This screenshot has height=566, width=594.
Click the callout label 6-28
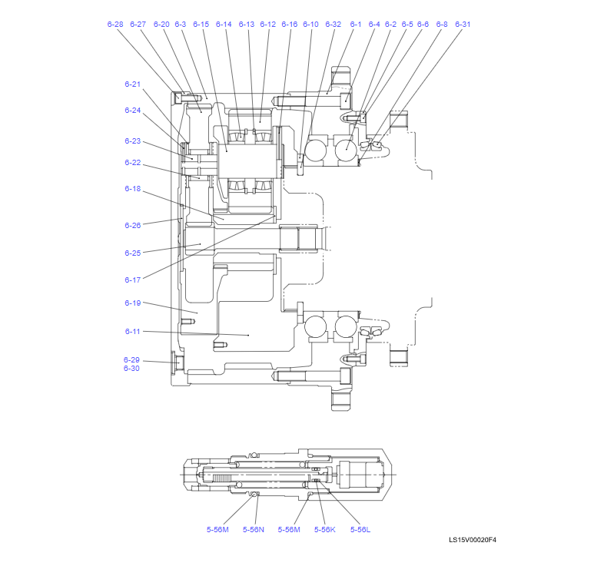(115, 25)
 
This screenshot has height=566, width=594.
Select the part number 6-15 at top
(201, 25)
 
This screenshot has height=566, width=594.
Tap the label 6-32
(333, 25)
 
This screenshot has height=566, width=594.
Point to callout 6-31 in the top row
(463, 25)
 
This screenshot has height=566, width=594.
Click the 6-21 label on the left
(133, 84)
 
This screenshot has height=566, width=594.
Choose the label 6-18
(133, 189)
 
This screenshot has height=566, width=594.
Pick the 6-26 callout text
(133, 225)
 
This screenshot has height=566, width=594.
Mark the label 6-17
(133, 280)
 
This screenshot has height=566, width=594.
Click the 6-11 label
(133, 331)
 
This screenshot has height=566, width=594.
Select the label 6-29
(131, 359)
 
